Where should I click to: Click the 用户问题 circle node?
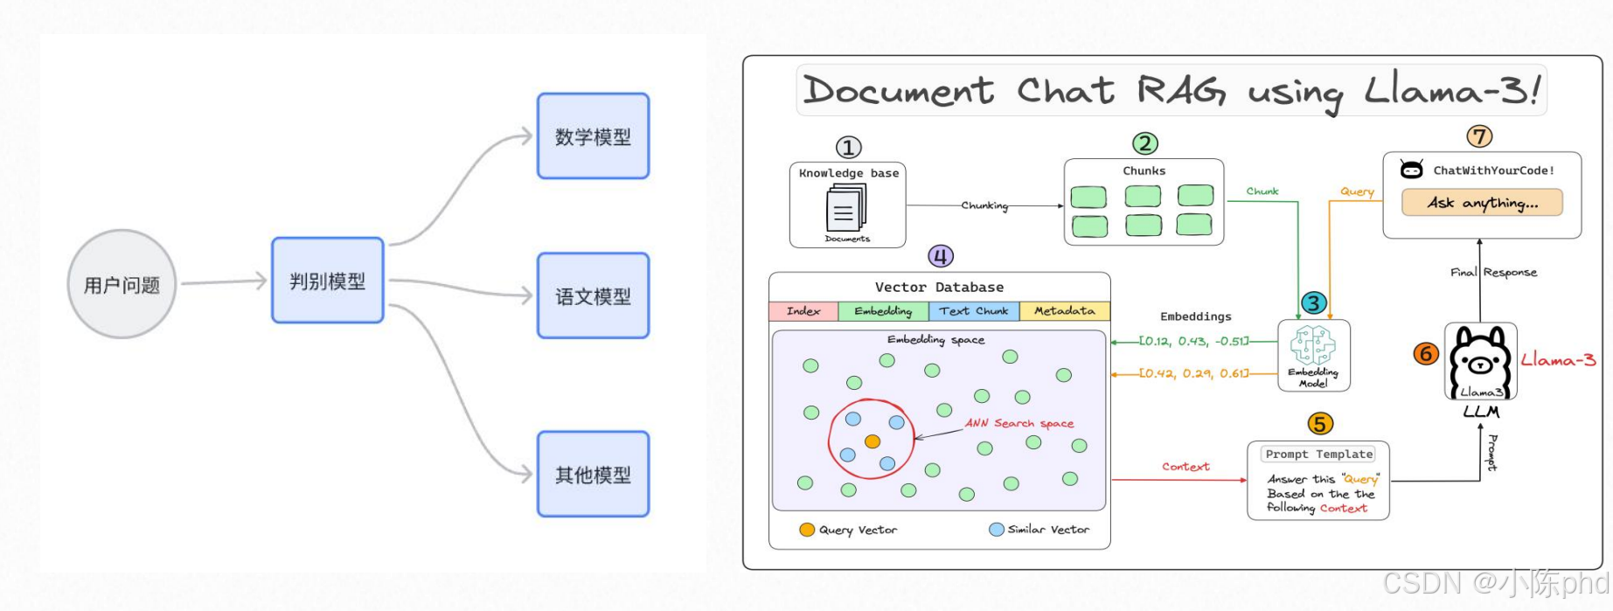pyautogui.click(x=122, y=284)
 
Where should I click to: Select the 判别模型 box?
pyautogui.click(x=327, y=281)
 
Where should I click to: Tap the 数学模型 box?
pyautogui.click(x=593, y=136)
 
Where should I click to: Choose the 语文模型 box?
pyautogui.click(x=593, y=296)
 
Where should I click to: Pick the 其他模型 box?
pyautogui.click(x=593, y=474)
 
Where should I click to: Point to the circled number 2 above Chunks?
pyautogui.click(x=1144, y=143)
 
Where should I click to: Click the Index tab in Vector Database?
pyautogui.click(x=803, y=311)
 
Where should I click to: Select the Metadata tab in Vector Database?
pyautogui.click(x=1064, y=311)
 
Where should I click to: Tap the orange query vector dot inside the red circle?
pyautogui.click(x=872, y=441)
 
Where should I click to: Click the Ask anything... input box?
pyautogui.click(x=1481, y=203)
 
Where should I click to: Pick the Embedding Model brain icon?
pyautogui.click(x=1312, y=345)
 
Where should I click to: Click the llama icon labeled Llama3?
pyautogui.click(x=1479, y=360)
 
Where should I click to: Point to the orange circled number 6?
pyautogui.click(x=1425, y=353)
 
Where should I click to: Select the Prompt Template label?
pyautogui.click(x=1318, y=455)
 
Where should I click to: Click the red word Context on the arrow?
pyautogui.click(x=1185, y=467)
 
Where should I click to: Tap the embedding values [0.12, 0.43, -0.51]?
pyautogui.click(x=1194, y=341)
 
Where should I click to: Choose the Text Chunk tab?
pyautogui.click(x=973, y=311)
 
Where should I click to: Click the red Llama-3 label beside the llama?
pyautogui.click(x=1558, y=359)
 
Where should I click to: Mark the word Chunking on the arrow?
pyautogui.click(x=984, y=205)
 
